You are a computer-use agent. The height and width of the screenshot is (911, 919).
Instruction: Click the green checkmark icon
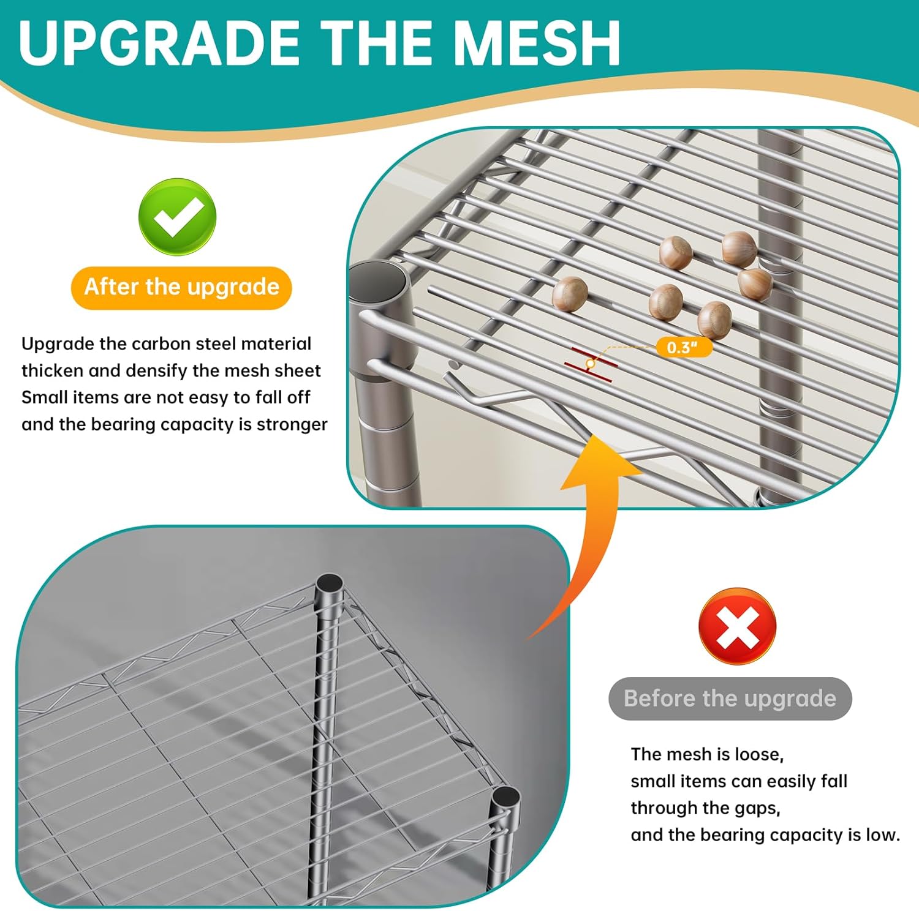[x=177, y=217]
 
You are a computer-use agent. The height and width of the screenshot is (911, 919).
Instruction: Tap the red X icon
[x=737, y=626]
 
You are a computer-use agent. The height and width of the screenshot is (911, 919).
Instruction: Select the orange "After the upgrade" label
[x=181, y=287]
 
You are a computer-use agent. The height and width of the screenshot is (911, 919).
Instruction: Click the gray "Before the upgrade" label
[x=730, y=699]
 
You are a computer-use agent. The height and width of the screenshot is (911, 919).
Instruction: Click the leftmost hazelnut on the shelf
[x=570, y=294]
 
